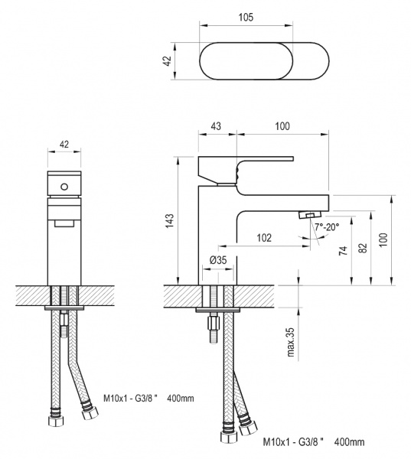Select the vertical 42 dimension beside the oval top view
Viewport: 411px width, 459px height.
166,60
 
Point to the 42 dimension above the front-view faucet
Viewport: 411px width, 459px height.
64,143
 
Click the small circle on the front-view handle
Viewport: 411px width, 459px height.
64,184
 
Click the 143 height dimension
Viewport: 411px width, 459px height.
170,220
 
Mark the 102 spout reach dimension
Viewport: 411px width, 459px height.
263,238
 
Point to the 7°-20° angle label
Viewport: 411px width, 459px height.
325,227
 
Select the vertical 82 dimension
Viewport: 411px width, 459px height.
364,246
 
